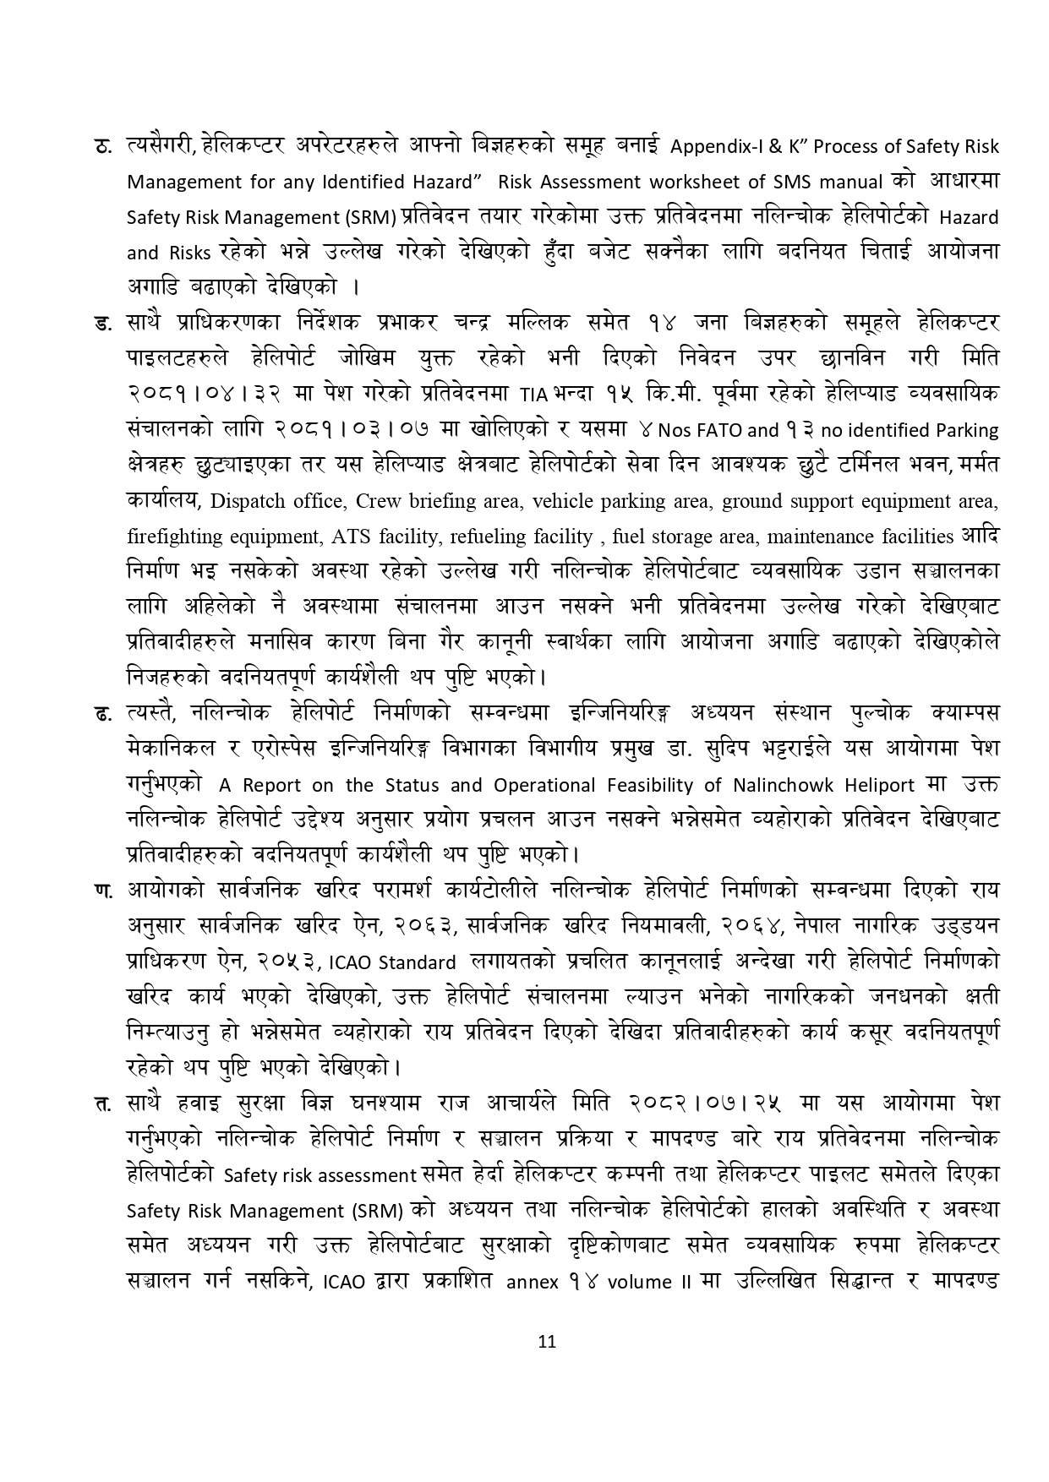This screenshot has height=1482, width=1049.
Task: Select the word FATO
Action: [716, 430]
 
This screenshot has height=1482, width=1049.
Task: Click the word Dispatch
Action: [245, 501]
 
